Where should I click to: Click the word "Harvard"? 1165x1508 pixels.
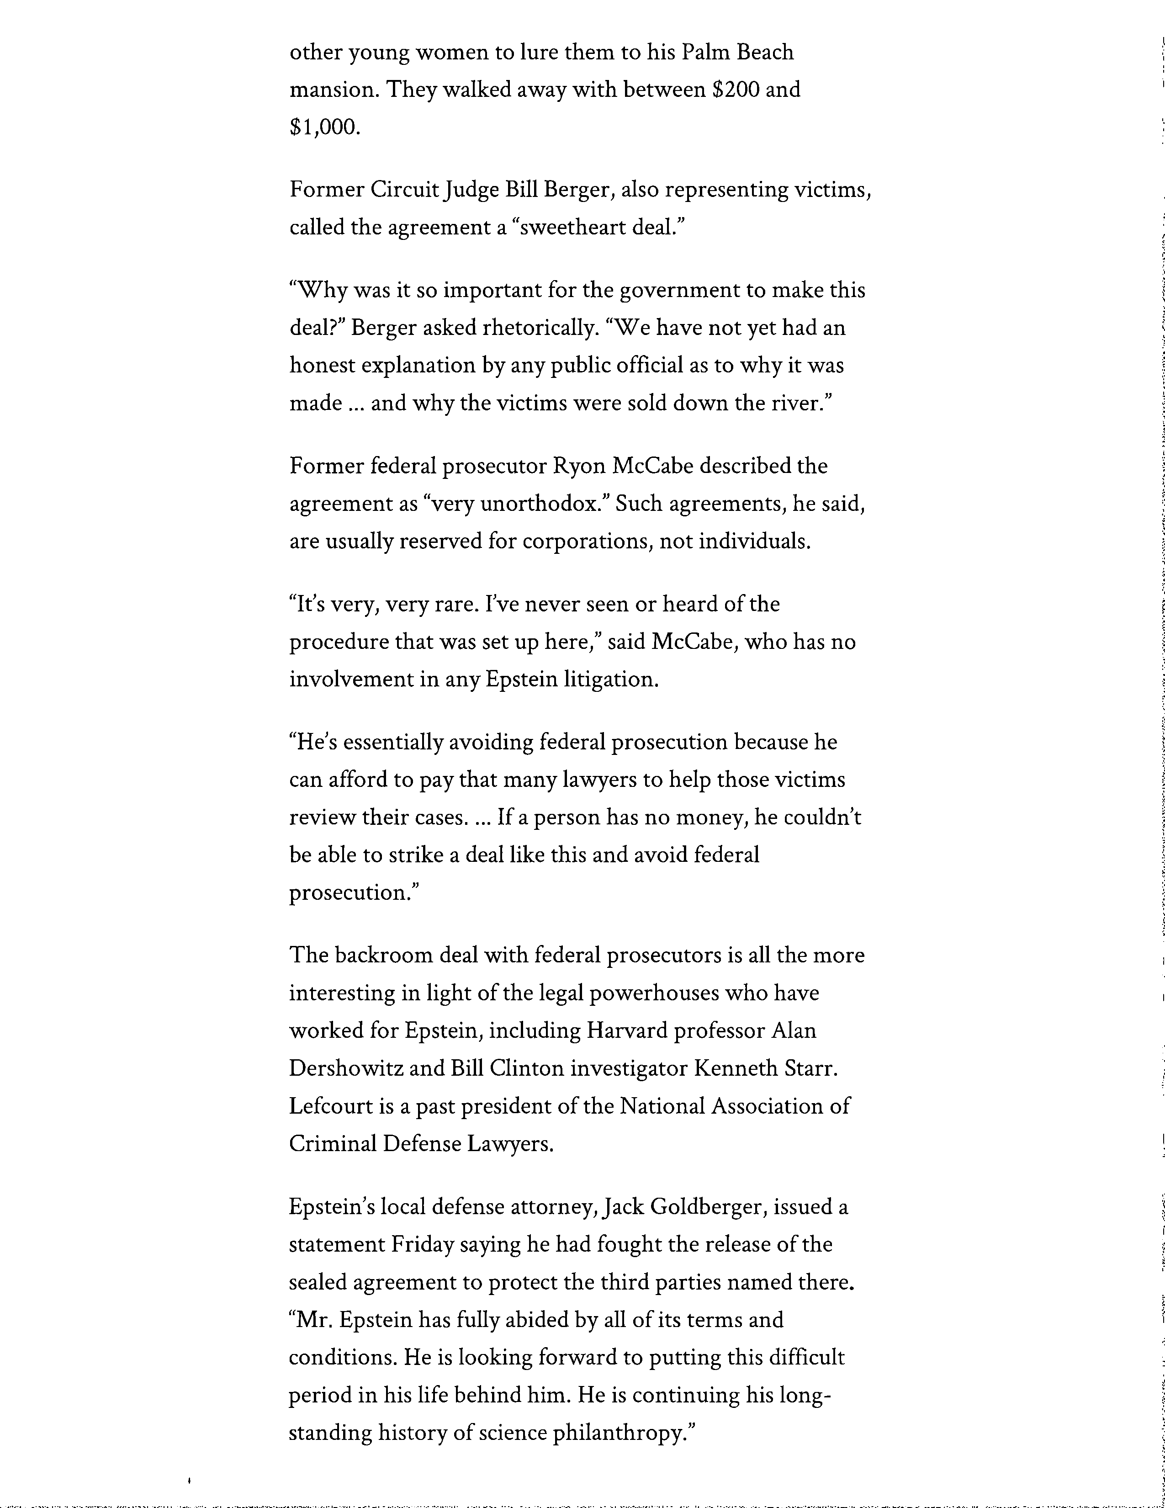click(627, 1031)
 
